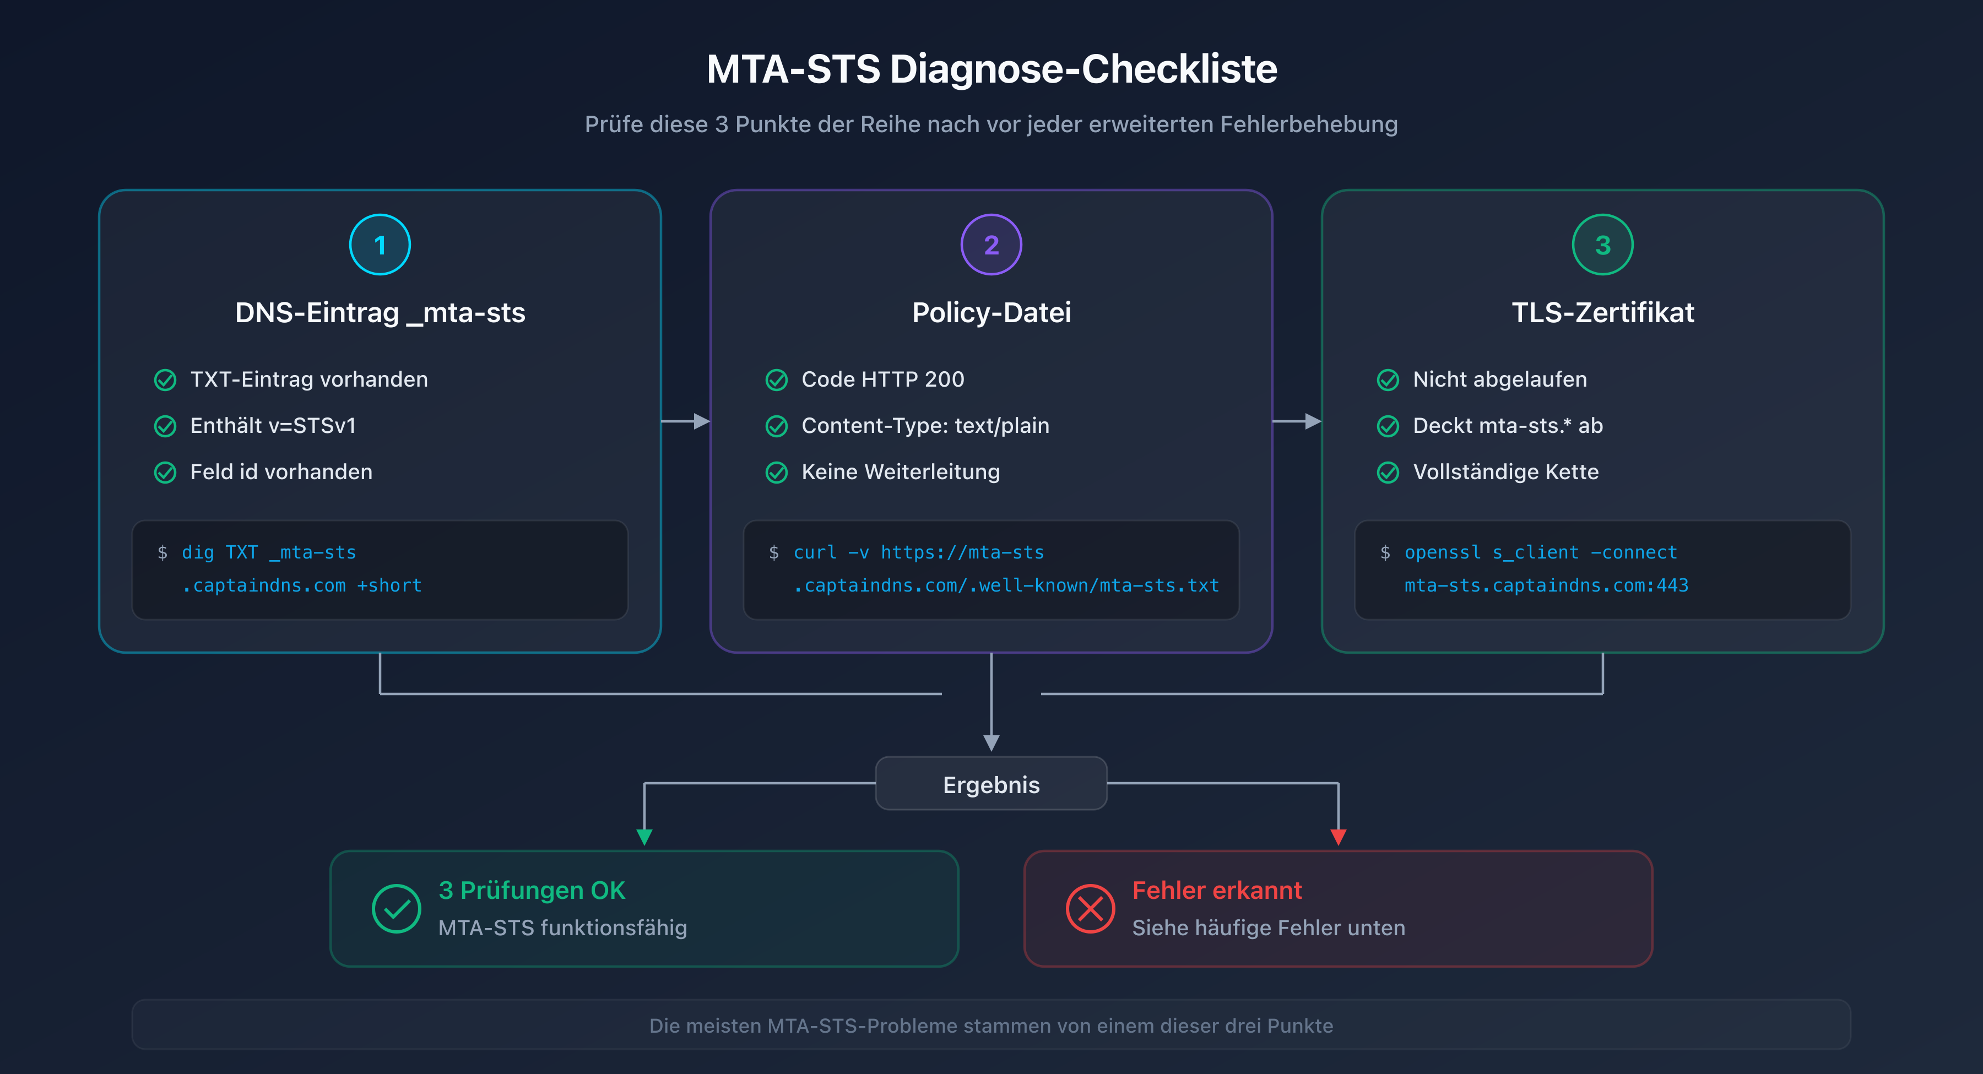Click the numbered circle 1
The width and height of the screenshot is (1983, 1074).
pyautogui.click(x=380, y=245)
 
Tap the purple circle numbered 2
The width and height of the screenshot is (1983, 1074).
pyautogui.click(x=991, y=245)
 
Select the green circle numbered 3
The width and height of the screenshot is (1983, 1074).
pyautogui.click(x=1602, y=245)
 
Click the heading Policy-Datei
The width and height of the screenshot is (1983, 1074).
pyautogui.click(x=991, y=313)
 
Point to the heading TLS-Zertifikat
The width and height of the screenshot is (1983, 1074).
pyautogui.click(x=1602, y=313)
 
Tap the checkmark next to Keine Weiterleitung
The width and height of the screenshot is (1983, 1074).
pyautogui.click(x=777, y=472)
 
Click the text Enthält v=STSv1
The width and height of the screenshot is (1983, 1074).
pyautogui.click(x=273, y=426)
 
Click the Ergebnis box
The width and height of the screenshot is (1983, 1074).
pyautogui.click(x=991, y=784)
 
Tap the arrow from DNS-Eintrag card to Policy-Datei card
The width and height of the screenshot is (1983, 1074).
pyautogui.click(x=686, y=421)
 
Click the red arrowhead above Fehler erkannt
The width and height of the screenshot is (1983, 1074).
pyautogui.click(x=1338, y=837)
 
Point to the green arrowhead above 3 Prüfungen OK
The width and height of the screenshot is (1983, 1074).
pyautogui.click(x=644, y=837)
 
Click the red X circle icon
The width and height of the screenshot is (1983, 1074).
pyautogui.click(x=1090, y=908)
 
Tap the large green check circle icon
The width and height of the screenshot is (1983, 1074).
pyautogui.click(x=397, y=908)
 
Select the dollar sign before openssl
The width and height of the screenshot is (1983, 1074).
pyautogui.click(x=1385, y=553)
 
